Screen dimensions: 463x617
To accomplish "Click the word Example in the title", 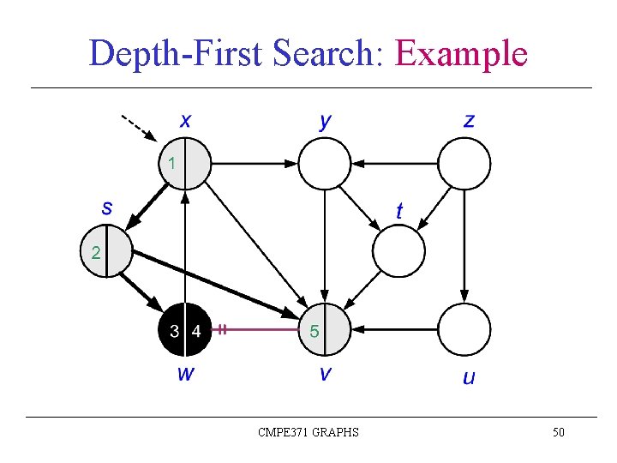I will pos(460,53).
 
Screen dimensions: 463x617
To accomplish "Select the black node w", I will pos(184,330).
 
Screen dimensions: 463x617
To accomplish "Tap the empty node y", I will pos(324,163).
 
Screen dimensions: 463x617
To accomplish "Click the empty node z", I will pos(464,163).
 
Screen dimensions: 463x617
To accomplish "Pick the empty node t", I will pos(398,250).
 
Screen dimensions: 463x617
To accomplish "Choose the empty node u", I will pos(464,330).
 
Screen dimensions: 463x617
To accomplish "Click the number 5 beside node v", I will pos(314,332).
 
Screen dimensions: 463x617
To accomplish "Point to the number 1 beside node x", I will pos(172,162).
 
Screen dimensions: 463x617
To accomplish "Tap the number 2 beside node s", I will pos(95,252).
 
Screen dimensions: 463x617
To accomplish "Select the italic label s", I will pos(107,207).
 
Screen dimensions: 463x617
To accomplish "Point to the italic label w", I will pos(184,373).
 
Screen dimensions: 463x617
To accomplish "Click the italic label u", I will pos(468,376).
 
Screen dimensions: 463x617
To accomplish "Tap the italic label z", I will pos(468,120).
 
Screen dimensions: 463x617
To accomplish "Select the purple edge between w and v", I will pos(257,328).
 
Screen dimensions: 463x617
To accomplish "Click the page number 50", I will pos(558,432).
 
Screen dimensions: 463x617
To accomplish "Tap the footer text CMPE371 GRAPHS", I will pos(308,432).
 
